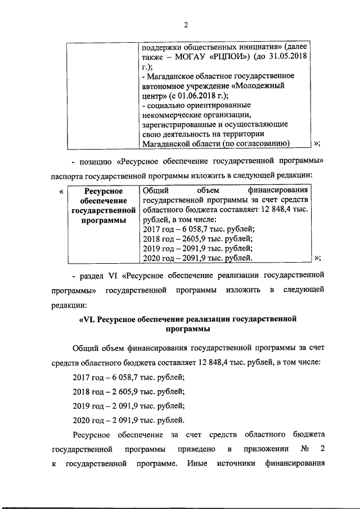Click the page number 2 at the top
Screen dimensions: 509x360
(x=185, y=24)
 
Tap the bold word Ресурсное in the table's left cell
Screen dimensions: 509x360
(x=102, y=192)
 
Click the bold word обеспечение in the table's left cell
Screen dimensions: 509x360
(x=102, y=201)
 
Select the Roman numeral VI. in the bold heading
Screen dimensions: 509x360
(x=92, y=319)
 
